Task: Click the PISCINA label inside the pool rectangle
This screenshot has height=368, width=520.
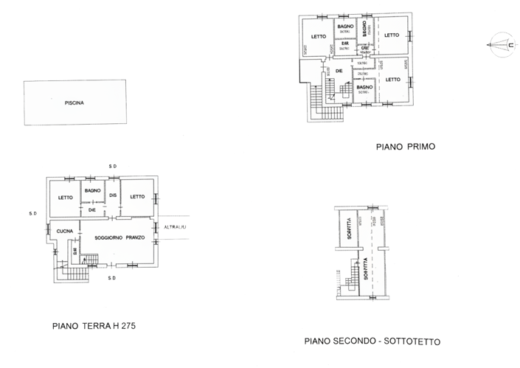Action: click(x=73, y=103)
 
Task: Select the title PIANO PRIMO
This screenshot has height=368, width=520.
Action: click(x=406, y=147)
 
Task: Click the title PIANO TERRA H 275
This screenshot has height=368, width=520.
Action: click(x=94, y=325)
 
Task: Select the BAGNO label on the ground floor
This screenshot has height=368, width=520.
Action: click(x=92, y=191)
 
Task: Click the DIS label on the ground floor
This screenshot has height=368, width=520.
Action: click(x=113, y=195)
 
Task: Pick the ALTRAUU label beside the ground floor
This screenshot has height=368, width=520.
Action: click(x=175, y=226)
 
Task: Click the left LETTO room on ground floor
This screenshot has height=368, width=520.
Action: click(x=66, y=197)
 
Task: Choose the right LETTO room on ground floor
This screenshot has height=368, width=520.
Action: click(x=136, y=197)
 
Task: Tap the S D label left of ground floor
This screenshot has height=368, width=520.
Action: click(x=32, y=214)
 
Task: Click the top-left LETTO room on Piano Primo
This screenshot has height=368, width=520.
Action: click(x=318, y=37)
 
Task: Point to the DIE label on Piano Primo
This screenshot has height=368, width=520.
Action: click(x=339, y=71)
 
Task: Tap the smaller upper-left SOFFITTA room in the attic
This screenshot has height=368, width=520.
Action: click(x=344, y=231)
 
